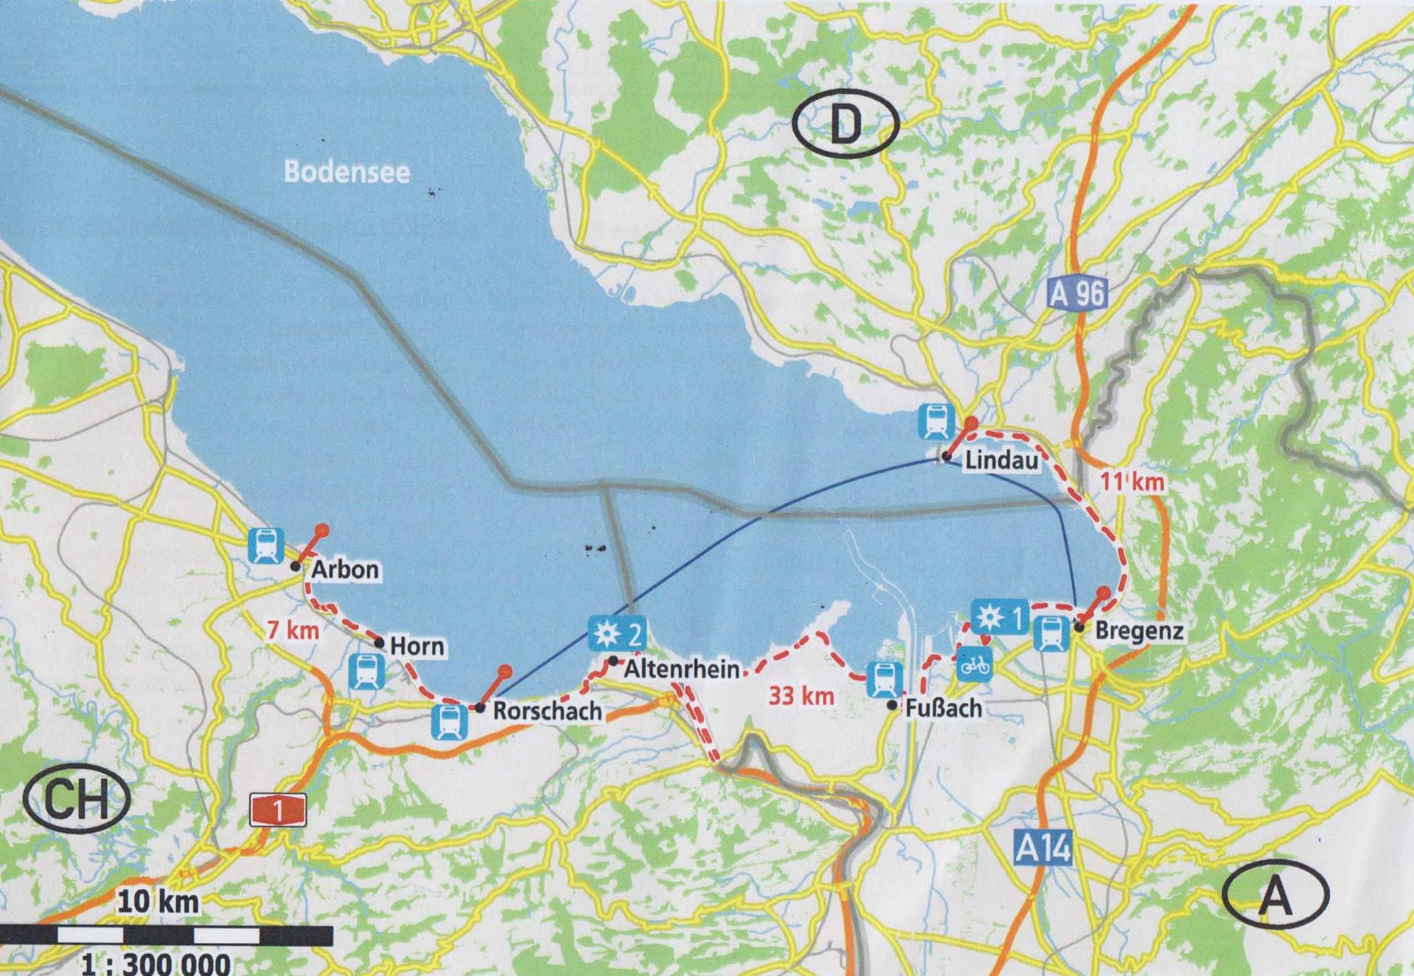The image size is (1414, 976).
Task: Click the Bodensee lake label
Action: tap(347, 173)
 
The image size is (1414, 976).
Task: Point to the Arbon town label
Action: tap(345, 570)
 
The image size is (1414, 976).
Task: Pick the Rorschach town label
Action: tap(547, 711)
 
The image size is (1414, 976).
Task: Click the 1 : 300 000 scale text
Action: tap(157, 964)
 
